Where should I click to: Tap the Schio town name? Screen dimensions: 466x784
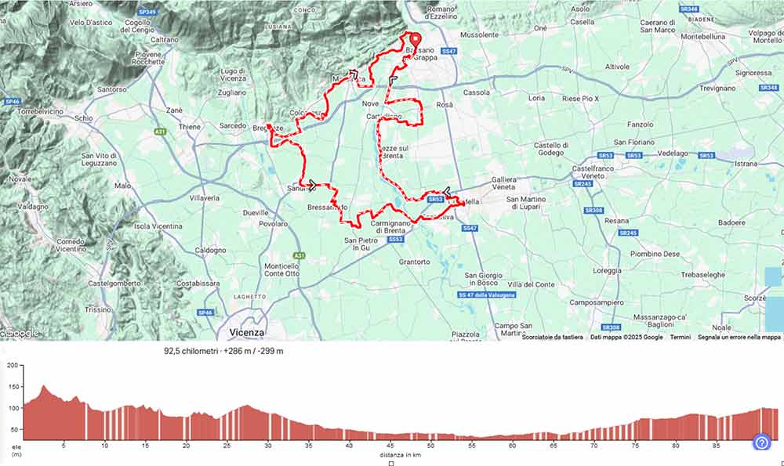pyautogui.click(x=84, y=117)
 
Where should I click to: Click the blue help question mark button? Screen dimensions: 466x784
pyautogui.click(x=761, y=443)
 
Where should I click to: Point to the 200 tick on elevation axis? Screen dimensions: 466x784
pyautogui.click(x=12, y=366)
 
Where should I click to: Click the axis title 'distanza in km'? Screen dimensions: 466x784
pyautogui.click(x=390, y=454)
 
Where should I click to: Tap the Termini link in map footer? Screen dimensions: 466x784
pyautogui.click(x=680, y=338)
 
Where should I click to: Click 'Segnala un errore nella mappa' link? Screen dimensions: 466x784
pyautogui.click(x=739, y=338)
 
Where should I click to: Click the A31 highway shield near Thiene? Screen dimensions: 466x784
pyautogui.click(x=161, y=131)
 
